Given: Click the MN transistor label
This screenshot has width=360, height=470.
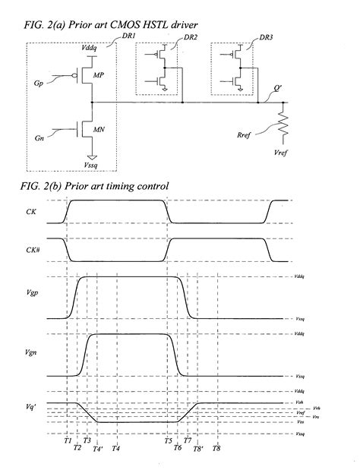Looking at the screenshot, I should coord(99,131).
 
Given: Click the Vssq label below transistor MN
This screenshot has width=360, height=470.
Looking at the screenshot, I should coord(93,161).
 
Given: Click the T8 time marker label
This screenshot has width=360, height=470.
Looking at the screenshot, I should coord(216,449).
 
